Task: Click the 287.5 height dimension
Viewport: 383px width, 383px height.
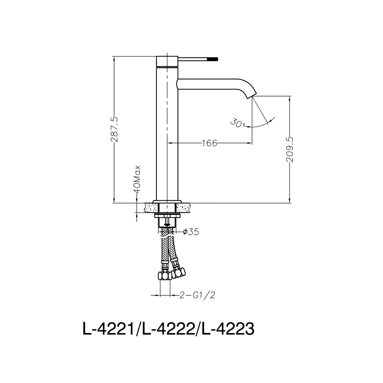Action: (x=114, y=129)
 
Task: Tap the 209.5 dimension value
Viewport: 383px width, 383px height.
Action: (x=289, y=149)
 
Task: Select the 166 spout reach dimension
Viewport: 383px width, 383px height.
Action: (x=209, y=143)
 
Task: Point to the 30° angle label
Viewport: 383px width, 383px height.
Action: (x=238, y=123)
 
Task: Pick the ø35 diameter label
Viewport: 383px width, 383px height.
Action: (x=191, y=232)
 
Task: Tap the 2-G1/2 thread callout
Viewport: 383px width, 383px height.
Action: (x=197, y=295)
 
